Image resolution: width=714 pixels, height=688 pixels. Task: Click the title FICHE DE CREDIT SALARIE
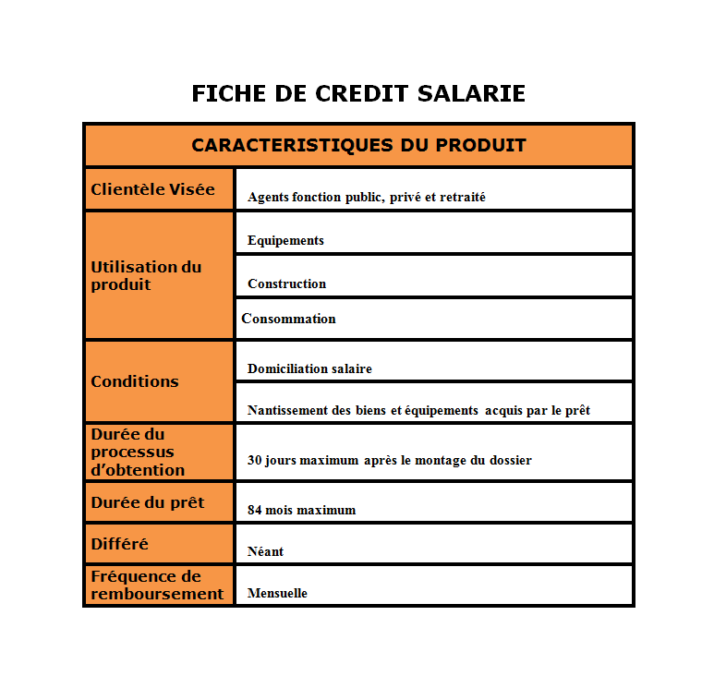358,94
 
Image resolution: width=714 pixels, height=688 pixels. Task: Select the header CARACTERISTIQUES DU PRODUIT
358,146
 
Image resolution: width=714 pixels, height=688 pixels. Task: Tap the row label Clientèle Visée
152,189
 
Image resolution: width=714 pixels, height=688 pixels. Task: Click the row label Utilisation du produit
146,275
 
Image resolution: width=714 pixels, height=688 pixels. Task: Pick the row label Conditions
135,381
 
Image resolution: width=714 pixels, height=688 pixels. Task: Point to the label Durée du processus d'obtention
138,452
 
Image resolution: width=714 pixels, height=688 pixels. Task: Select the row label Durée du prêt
148,503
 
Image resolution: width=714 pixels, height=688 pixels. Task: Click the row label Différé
119,544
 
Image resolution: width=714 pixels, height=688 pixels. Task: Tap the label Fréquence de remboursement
157,585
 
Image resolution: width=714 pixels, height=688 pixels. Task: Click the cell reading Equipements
285,241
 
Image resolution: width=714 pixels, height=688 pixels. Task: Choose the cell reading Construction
286,284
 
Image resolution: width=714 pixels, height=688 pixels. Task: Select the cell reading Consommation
288,319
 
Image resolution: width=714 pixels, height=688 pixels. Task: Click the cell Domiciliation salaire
309,369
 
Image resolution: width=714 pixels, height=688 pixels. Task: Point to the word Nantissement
288,411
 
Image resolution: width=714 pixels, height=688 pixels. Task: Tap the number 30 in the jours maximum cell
255,460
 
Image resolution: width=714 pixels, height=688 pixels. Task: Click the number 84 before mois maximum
255,510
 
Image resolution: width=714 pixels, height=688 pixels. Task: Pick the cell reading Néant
265,551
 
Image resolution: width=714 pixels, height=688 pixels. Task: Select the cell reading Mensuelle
277,593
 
